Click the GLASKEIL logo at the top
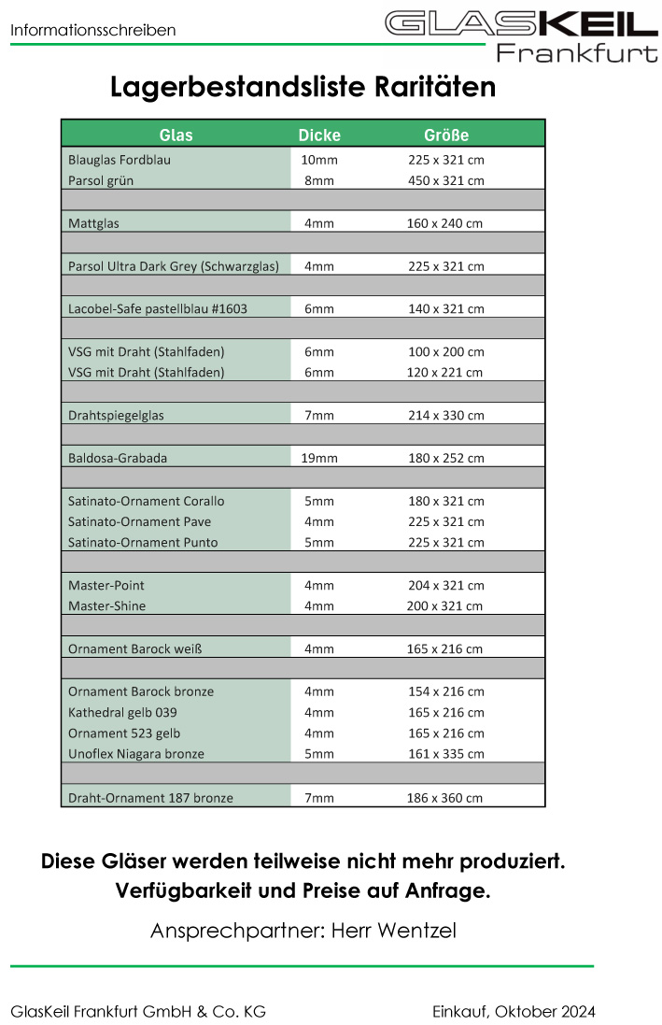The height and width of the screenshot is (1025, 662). tap(520, 23)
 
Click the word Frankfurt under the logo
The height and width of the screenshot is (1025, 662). tap(576, 53)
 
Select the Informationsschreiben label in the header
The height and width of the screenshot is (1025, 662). tap(93, 31)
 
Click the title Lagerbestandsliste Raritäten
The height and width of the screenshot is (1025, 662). tap(303, 87)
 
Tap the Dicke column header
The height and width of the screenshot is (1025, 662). tap(319, 135)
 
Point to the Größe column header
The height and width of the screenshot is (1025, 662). tap(446, 135)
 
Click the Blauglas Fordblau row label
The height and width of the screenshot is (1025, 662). tap(120, 160)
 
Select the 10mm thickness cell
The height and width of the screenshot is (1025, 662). tap(319, 160)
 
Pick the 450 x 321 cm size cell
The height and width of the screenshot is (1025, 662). tap(446, 180)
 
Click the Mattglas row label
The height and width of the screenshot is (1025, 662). tap(93, 223)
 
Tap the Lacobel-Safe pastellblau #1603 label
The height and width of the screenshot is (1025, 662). tap(158, 308)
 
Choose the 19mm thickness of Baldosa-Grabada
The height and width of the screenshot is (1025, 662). tap(319, 458)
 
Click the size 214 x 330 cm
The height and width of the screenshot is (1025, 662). tap(446, 415)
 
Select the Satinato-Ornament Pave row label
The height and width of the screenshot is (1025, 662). tap(139, 521)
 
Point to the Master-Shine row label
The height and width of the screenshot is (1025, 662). tap(106, 605)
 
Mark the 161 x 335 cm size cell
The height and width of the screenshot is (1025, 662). tap(446, 753)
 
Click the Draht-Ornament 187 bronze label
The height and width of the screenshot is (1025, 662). tap(150, 798)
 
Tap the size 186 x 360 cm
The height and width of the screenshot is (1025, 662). tap(446, 798)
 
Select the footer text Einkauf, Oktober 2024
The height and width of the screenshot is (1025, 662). tap(514, 1011)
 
